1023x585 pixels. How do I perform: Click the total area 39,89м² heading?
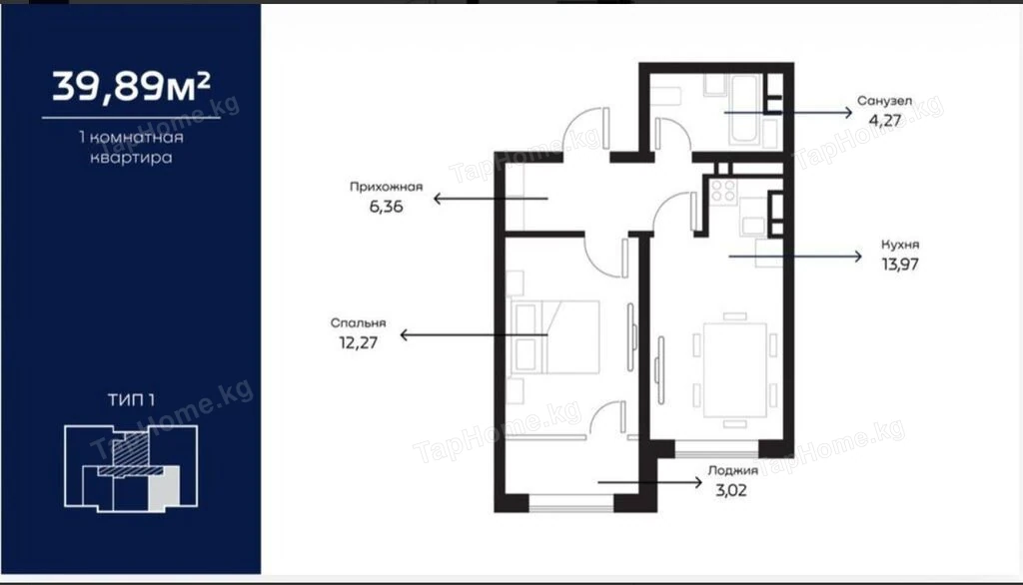tap(131, 87)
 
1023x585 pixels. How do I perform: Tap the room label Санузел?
tap(884, 101)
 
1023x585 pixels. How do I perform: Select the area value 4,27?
tap(885, 121)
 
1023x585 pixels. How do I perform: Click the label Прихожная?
tap(387, 187)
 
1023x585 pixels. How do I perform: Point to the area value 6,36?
tap(387, 207)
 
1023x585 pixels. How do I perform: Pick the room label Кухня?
tap(900, 245)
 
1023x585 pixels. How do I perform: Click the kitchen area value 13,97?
tap(900, 265)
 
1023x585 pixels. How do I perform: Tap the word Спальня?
tap(359, 322)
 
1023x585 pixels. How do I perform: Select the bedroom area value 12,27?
tap(359, 342)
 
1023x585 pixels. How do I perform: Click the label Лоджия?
tap(732, 470)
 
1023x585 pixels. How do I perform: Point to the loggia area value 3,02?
tap(731, 490)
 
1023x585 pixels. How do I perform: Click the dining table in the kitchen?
tap(734, 369)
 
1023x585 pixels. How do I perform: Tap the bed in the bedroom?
tap(555, 336)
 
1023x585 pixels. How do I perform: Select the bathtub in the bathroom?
tap(743, 110)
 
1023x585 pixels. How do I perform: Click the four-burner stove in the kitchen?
tap(723, 191)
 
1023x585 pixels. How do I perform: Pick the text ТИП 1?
tap(131, 399)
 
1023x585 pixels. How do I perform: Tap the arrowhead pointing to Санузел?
tap(848, 112)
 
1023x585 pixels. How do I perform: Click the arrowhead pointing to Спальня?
tap(405, 335)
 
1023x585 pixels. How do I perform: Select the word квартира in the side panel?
tap(131, 157)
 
